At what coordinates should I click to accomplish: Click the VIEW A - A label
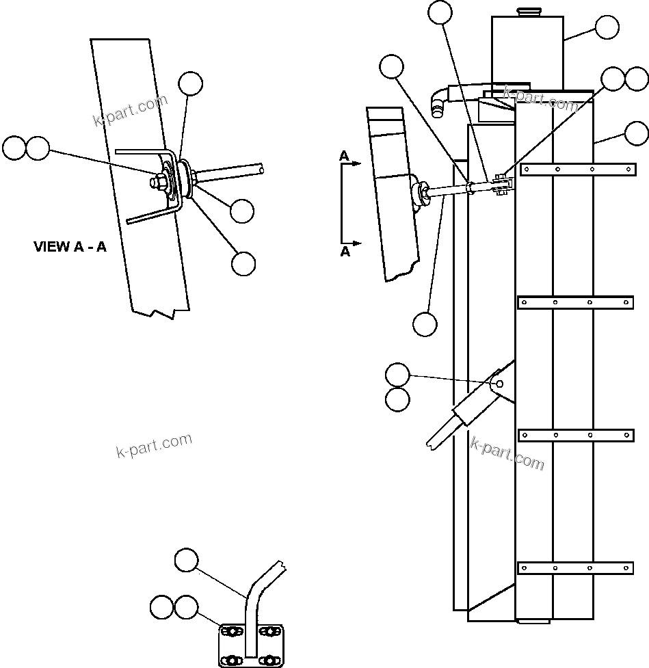coord(70,247)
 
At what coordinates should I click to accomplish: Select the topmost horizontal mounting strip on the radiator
coord(576,169)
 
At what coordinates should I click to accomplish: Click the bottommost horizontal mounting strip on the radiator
coord(576,567)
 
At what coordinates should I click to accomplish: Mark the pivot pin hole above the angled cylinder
coord(500,384)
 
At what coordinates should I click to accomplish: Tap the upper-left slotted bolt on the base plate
coord(231,630)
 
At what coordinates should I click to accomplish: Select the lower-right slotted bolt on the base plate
coord(272,660)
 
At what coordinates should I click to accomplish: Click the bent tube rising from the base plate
coord(254,602)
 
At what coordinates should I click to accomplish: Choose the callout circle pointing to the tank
coord(607,28)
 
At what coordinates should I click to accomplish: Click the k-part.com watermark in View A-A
coord(130,111)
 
